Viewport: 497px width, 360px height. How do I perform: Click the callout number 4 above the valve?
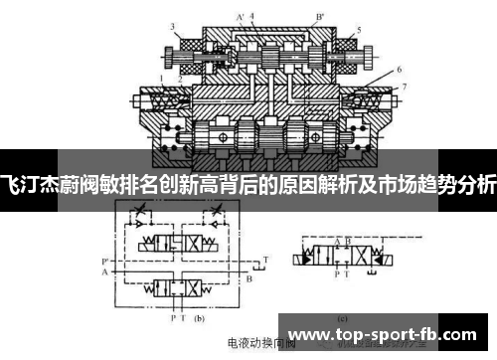(x=251, y=14)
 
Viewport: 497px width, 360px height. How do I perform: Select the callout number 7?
(x=404, y=88)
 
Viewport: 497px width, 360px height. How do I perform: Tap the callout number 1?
(x=161, y=77)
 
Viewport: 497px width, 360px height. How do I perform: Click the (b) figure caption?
(x=198, y=319)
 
